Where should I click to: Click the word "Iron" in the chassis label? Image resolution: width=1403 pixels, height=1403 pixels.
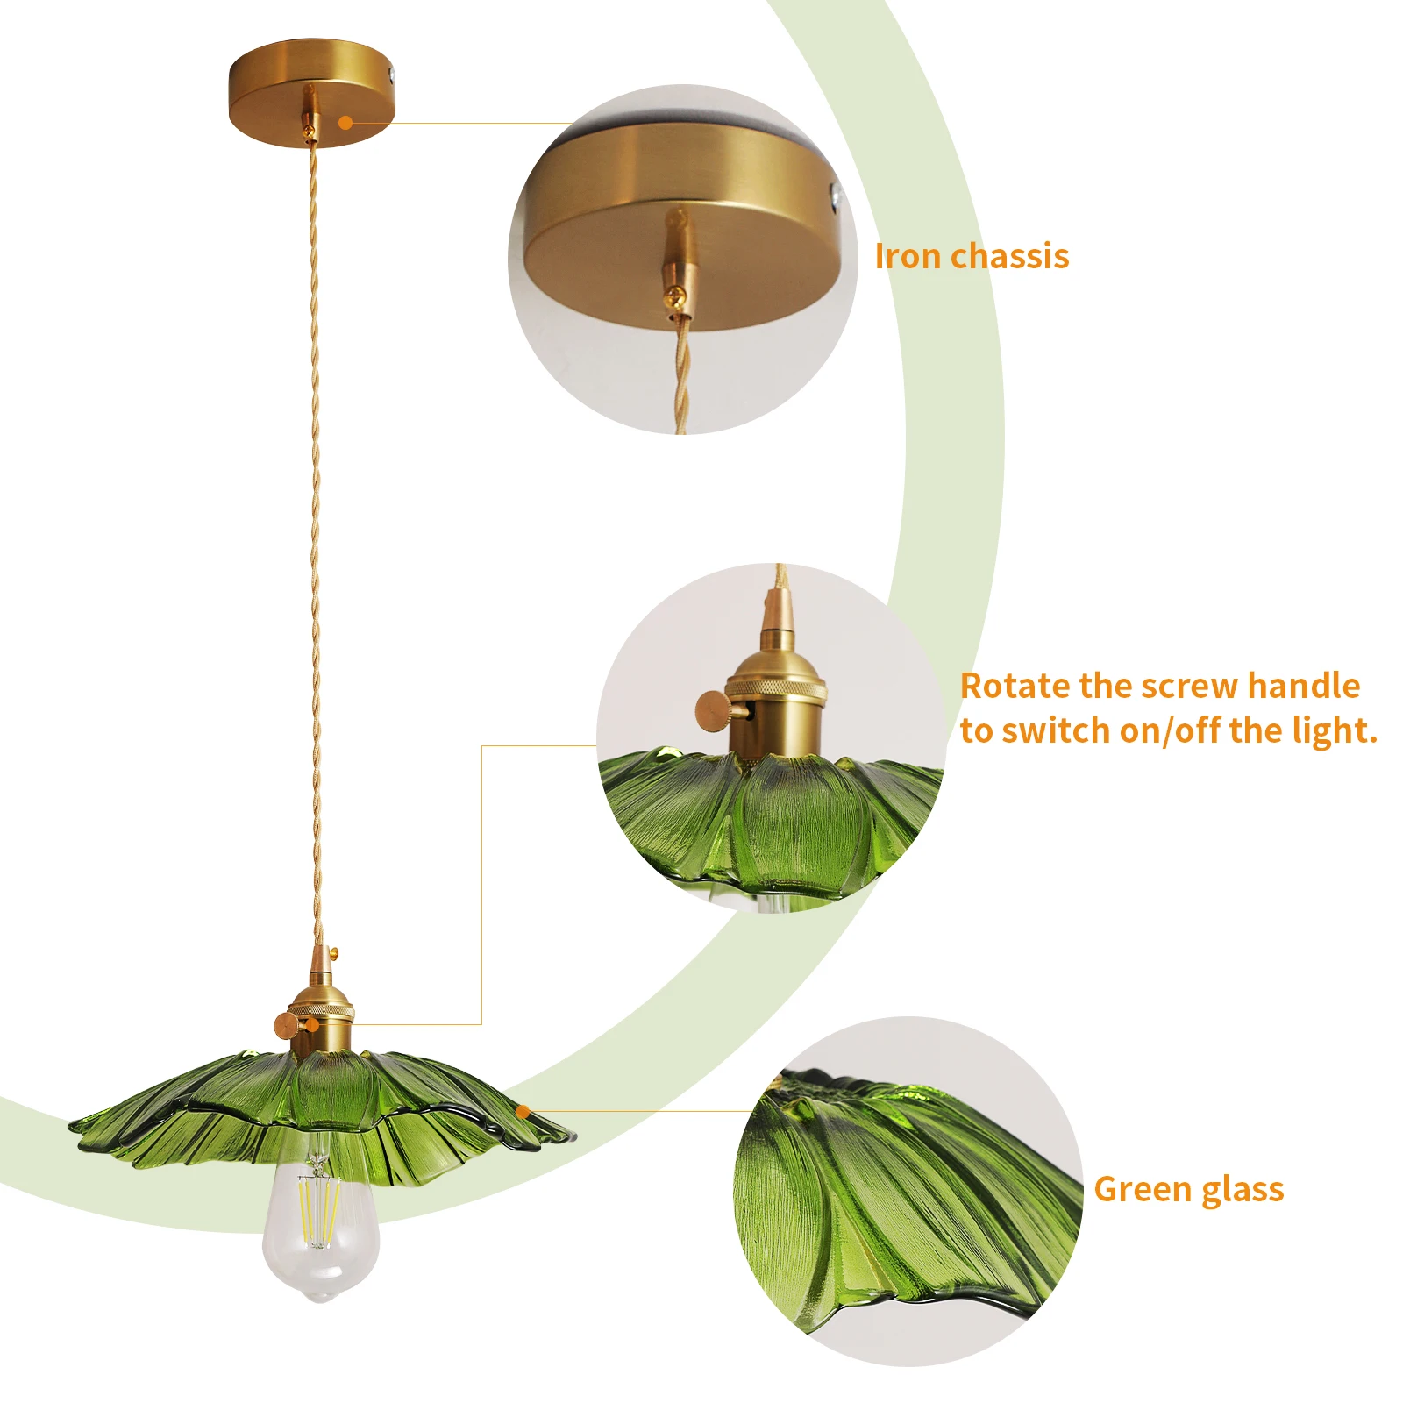(908, 256)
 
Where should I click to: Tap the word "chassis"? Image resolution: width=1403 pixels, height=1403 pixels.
(1010, 256)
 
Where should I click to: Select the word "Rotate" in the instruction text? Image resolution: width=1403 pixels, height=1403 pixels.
(1015, 686)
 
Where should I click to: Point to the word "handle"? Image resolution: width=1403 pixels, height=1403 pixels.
(1304, 685)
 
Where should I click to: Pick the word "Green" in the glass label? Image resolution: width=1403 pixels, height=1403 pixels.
(1143, 1189)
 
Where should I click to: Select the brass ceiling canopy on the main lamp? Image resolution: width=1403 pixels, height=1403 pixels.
(312, 92)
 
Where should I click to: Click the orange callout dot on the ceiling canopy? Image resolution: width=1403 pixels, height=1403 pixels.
(345, 123)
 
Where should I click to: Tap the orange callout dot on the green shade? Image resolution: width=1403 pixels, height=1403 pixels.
(523, 1112)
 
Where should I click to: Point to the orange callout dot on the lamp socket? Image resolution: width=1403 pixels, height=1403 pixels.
(312, 1023)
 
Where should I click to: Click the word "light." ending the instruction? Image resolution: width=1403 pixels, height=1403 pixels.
(1335, 730)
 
